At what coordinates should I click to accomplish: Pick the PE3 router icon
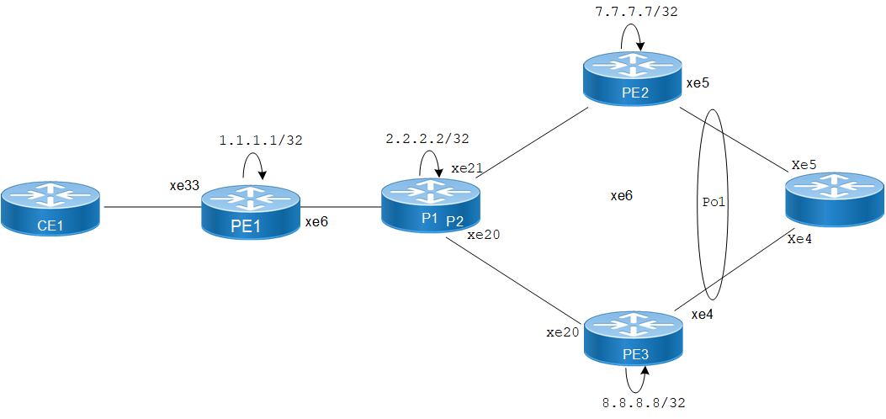[x=633, y=339]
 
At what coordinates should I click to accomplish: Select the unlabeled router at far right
[x=833, y=199]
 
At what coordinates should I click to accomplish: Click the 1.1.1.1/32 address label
[x=260, y=141]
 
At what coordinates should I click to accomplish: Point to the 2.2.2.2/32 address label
[x=427, y=138]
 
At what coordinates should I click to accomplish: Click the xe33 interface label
[x=183, y=185]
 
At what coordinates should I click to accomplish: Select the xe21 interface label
[x=467, y=168]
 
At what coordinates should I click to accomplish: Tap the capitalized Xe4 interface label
[x=800, y=239]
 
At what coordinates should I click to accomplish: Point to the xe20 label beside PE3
[x=563, y=332]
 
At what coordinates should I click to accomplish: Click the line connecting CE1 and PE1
[x=151, y=207]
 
